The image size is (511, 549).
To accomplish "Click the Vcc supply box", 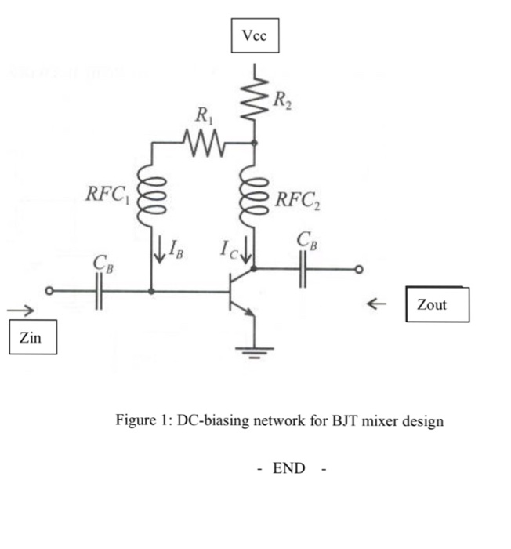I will pos(255,35).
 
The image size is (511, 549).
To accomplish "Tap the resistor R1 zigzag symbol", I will pos(203,143).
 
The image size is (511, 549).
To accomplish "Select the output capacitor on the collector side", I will pos(303,270).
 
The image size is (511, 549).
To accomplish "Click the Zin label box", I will pos(33,339).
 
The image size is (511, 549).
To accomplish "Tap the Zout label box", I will pos(437,304).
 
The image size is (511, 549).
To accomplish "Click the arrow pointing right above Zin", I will pos(20,311).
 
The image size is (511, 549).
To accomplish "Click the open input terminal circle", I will pos(49,291).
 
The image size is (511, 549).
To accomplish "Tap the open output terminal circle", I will pos(359,270).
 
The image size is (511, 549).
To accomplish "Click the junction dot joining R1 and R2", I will pos(254,144).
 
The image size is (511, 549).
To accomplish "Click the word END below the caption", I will pos(288,469).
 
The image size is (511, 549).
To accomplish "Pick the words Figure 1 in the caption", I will pos(141,420).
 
